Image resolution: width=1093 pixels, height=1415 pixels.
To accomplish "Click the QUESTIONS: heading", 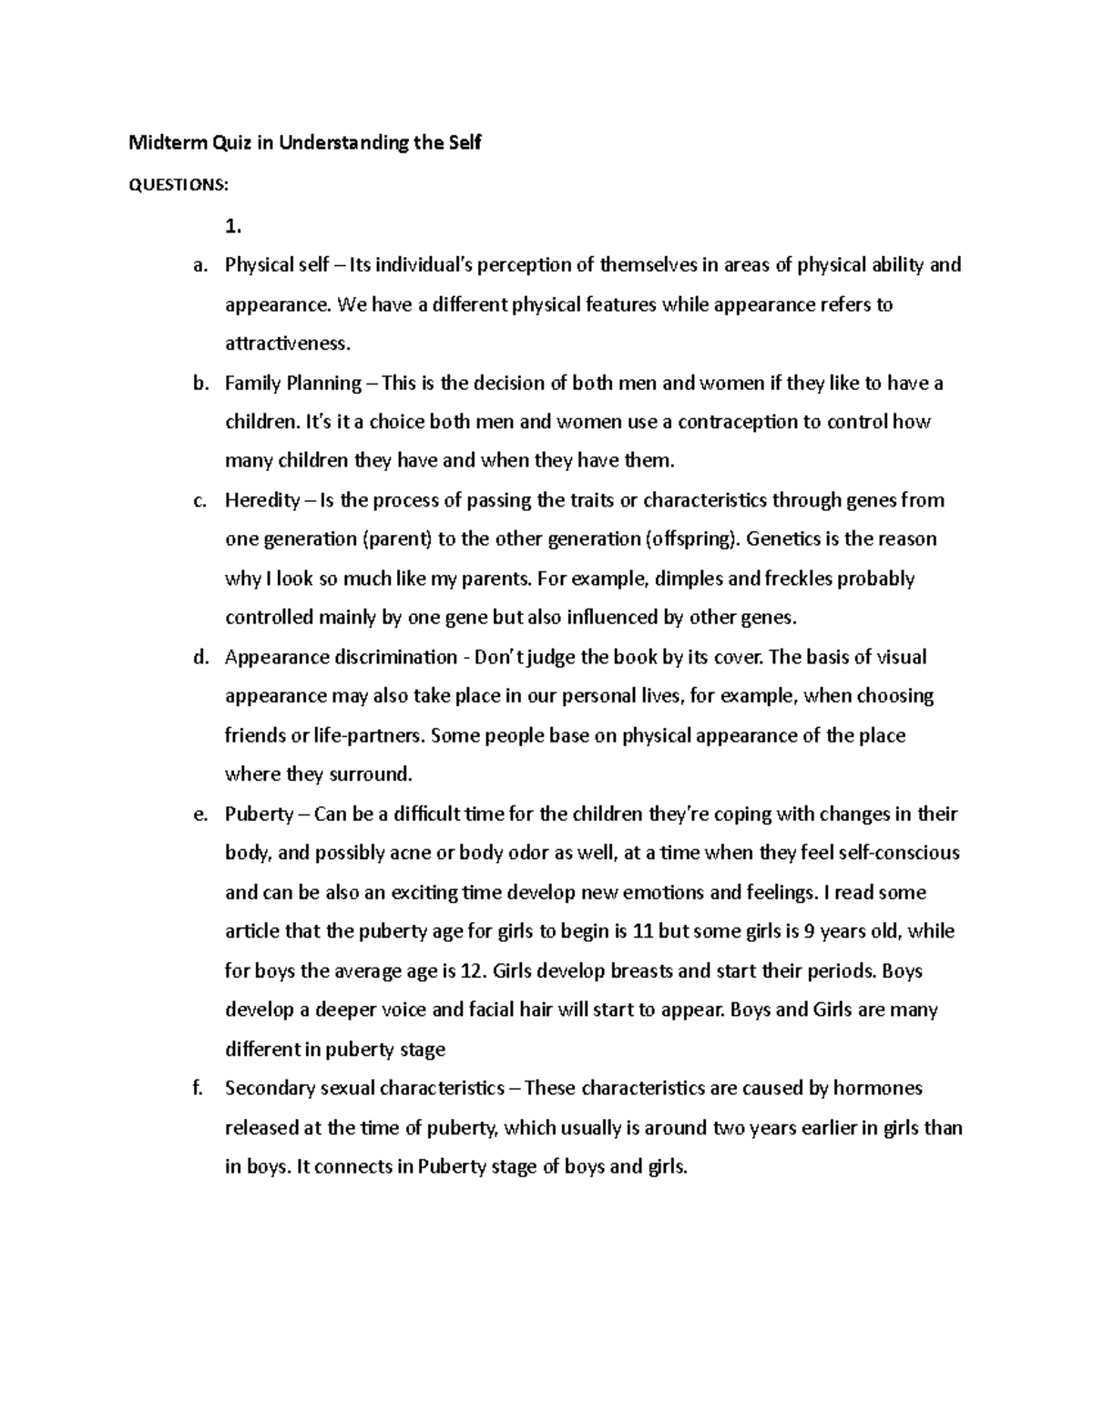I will (x=178, y=185).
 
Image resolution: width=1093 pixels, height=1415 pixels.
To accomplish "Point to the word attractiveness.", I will (x=286, y=343).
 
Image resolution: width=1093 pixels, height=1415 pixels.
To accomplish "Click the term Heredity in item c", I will (x=262, y=500).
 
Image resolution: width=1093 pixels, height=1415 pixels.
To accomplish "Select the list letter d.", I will (x=200, y=657).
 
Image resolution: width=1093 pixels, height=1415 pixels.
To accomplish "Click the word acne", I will (x=410, y=853).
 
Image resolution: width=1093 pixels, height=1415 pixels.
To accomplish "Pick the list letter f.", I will (x=199, y=1088).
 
